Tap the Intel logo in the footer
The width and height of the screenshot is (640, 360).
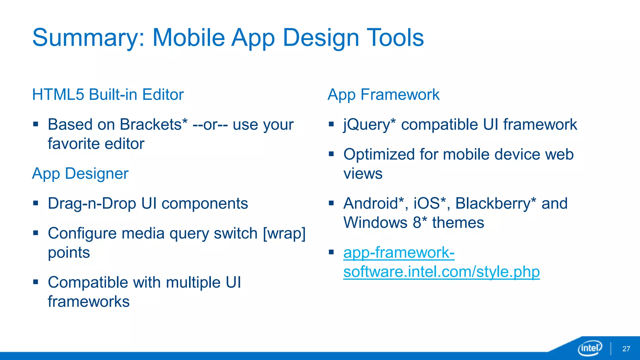[x=590, y=348]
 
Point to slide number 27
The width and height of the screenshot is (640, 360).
[x=626, y=349]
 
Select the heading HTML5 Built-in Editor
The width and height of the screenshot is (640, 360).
[x=108, y=94]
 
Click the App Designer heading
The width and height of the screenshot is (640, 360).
[x=80, y=173]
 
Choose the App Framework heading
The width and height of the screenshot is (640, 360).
[x=383, y=94]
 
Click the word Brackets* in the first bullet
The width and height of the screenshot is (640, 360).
[x=153, y=124]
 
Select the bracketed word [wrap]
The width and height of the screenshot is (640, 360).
[x=284, y=233]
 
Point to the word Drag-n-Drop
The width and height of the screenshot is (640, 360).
[x=92, y=203]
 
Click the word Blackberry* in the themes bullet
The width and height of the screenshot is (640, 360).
[x=496, y=203]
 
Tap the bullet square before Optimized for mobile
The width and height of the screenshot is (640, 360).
[x=331, y=154]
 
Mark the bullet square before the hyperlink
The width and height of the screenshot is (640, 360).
[x=331, y=252]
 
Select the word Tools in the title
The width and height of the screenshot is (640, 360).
[x=395, y=37]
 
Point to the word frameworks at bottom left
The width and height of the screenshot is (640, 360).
[x=88, y=302]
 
